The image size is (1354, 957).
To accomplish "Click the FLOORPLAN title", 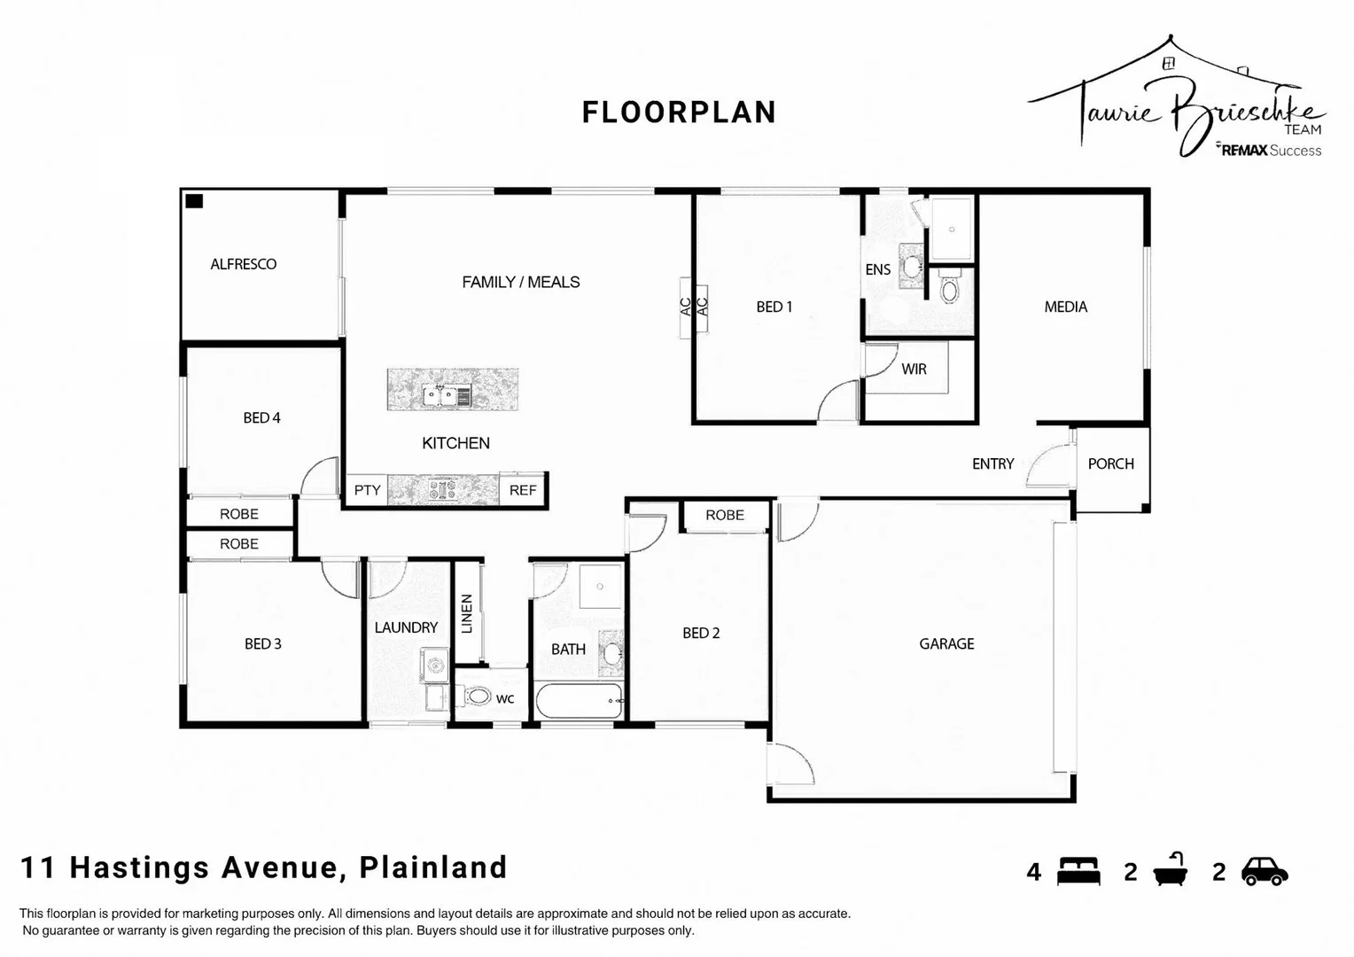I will point(679,113).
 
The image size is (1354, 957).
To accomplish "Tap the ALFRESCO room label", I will point(243,264).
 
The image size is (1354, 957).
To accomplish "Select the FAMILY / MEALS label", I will point(520,282).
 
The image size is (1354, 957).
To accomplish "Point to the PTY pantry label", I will point(367,490).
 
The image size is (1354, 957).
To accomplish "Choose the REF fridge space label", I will point(523,490).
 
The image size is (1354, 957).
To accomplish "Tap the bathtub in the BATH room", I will point(580,702).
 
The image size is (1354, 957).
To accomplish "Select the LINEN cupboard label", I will point(467,613).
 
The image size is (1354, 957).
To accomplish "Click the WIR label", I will point(914,369).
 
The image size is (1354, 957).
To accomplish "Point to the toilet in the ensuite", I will point(949,290).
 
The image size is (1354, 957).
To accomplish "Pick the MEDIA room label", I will point(1065,307).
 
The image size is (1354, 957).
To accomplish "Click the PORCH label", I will point(1110,463).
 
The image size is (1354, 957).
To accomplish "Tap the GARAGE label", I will point(946,644).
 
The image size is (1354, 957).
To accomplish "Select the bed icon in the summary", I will point(1078,872).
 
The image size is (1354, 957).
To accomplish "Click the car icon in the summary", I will point(1265,872).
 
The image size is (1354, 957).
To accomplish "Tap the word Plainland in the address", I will point(432,867).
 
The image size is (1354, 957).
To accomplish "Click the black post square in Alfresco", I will point(194,201).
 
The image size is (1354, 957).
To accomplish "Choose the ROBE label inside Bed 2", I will point(724,515).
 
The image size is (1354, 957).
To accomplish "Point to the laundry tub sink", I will point(434,664).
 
